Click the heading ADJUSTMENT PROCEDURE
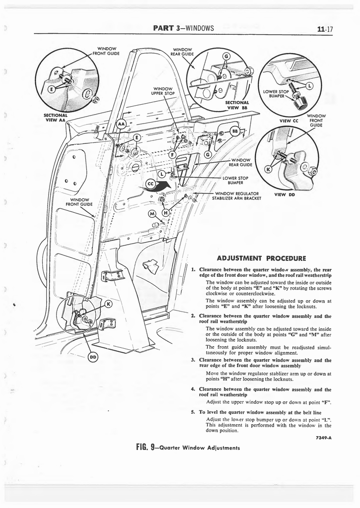pyautogui.click(x=261, y=257)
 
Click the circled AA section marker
pyautogui.click(x=121, y=124)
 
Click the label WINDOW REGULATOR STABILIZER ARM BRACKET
pyautogui.click(x=236, y=196)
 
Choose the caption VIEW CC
pyautogui.click(x=288, y=120)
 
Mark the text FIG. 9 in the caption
pyautogui.click(x=147, y=447)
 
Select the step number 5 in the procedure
pyautogui.click(x=193, y=412)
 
